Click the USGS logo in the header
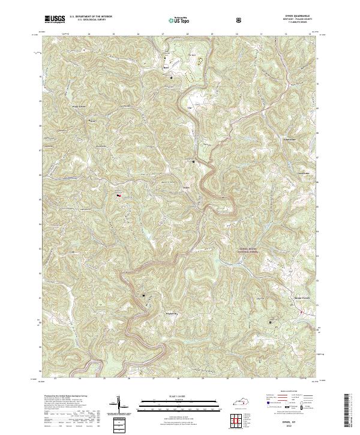click(x=55, y=19)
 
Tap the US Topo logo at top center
click(x=173, y=20)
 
